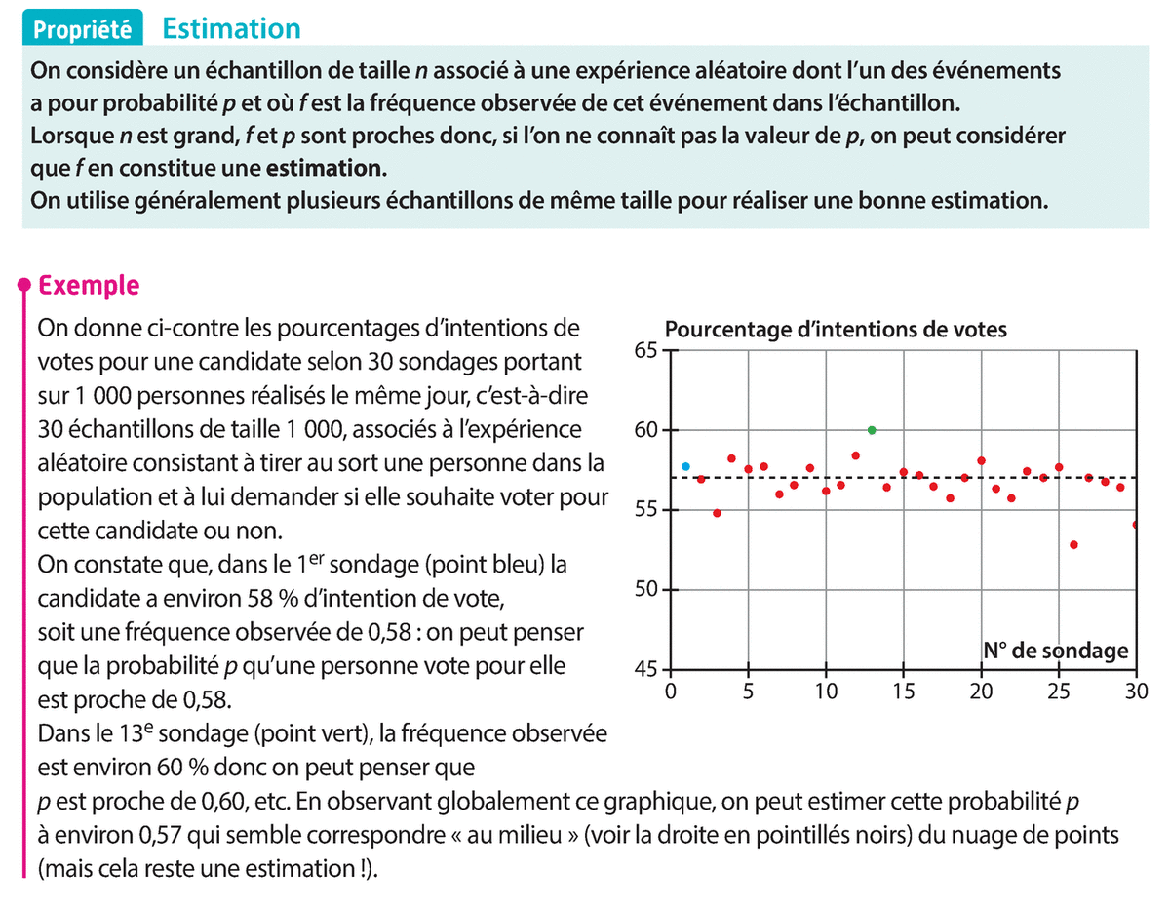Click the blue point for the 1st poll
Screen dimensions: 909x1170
click(685, 466)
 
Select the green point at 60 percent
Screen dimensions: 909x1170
click(872, 430)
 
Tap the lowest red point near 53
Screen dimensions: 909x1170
click(1073, 544)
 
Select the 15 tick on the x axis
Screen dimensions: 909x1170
click(904, 692)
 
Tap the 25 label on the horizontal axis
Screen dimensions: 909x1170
click(1059, 692)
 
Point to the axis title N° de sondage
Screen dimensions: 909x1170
click(1055, 651)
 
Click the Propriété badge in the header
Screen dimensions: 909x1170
click(82, 29)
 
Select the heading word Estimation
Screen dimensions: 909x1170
click(232, 28)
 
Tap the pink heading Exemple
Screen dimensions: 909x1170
click(88, 286)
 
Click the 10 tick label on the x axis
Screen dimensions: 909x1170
click(826, 692)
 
